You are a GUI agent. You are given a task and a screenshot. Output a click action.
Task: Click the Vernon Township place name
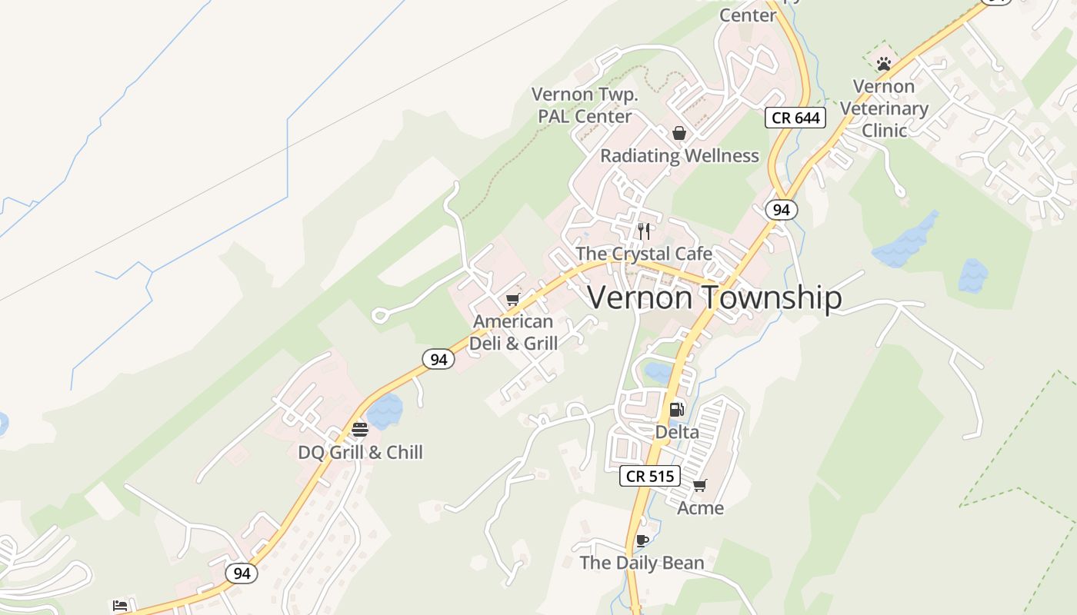pos(715,298)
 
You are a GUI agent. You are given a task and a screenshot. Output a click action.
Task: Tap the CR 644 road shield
pos(795,118)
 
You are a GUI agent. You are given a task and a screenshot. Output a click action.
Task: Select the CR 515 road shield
pos(650,476)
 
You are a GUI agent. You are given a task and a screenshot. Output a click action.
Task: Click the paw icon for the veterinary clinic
pos(884,64)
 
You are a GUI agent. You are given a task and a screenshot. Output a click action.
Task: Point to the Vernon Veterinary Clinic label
pos(884,108)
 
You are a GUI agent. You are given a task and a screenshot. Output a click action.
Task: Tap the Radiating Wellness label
pos(679,156)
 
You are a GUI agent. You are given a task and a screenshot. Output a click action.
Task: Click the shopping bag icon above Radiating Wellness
pos(679,133)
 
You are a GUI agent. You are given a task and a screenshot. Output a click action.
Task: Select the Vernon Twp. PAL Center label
pos(585,105)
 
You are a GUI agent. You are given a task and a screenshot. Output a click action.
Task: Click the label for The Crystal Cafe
pos(644,254)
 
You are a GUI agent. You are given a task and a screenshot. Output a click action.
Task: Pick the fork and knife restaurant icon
pos(645,231)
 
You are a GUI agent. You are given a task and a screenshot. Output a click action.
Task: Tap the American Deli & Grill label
pos(513,332)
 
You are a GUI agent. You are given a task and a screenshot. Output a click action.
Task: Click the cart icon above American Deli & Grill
pos(513,299)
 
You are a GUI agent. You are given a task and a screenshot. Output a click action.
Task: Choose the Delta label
pos(677,432)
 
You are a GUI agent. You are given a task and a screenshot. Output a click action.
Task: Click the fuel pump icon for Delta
pos(677,410)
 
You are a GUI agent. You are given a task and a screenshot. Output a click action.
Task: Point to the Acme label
pos(700,508)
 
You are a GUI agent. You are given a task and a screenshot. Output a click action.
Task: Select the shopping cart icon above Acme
pos(700,485)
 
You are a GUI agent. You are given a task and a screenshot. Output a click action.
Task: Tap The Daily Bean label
pos(642,563)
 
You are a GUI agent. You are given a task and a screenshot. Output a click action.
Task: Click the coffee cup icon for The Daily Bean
pos(642,540)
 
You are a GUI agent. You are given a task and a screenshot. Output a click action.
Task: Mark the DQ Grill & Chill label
pos(360,452)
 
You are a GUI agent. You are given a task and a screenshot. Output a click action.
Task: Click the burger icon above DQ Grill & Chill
pos(360,429)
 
